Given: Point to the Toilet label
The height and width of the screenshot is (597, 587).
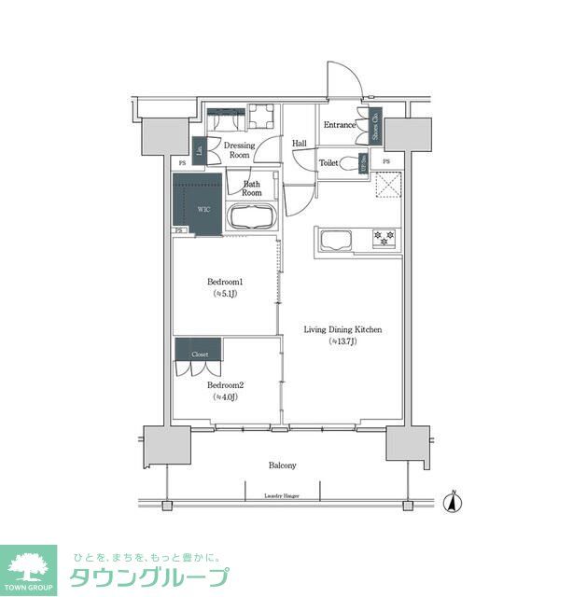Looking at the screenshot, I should (x=328, y=163).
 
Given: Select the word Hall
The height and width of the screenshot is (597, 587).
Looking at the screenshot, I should (x=300, y=144).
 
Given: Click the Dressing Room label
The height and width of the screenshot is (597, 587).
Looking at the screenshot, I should (x=239, y=149).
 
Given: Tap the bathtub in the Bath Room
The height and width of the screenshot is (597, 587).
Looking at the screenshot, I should (x=250, y=218).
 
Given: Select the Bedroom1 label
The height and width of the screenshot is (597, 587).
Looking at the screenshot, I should (x=225, y=282).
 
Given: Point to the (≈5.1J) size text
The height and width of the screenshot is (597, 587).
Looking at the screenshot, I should (x=225, y=295).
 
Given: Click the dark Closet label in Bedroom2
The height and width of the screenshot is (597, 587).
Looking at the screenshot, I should (x=200, y=354).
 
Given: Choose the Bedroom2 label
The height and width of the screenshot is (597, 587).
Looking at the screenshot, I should (x=225, y=385).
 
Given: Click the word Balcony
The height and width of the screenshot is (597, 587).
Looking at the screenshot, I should (x=283, y=465).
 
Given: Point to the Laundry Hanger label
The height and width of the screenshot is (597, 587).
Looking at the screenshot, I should (x=283, y=496).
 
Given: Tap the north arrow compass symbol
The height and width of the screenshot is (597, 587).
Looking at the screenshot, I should (x=453, y=501).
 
